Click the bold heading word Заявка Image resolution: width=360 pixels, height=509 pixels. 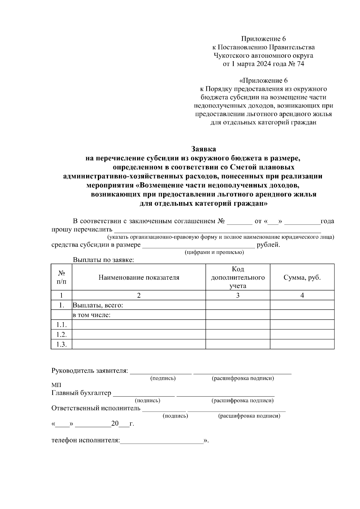pos(204,149)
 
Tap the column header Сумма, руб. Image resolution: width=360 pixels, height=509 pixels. pos(302,278)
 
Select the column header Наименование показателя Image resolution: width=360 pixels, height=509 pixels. pos(139,278)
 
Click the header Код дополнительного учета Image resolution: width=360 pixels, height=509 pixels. pos(238,278)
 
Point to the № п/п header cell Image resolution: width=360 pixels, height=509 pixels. pos(61,278)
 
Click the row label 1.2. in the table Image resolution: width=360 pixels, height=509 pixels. pos(61,335)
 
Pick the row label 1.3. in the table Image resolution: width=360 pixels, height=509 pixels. pos(61,344)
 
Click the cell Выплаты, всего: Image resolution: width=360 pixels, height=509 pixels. pos(98,305)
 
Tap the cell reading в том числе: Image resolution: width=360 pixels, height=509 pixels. pos(92,315)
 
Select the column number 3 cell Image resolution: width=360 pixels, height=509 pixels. pos(238,296)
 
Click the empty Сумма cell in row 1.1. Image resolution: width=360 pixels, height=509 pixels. pos(302,325)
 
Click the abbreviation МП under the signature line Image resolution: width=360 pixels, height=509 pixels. pos(56,385)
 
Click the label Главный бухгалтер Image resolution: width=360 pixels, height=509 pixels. pos(81,393)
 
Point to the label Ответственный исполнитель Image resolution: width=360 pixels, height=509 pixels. pos(96,408)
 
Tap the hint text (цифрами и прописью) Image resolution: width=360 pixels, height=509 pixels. pos(214,252)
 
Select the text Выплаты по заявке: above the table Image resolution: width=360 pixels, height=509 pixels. pos(103,260)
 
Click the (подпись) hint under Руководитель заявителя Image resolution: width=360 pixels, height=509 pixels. pos(163,378)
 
